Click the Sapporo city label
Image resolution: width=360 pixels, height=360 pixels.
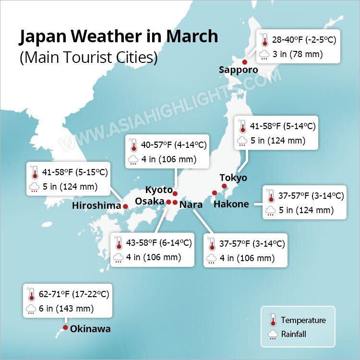click(238, 70)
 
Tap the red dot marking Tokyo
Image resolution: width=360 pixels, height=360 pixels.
click(223, 186)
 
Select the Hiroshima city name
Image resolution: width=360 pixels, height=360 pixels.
click(96, 206)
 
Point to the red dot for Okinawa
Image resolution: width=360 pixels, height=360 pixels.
click(65, 328)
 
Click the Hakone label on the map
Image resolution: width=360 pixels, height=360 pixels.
click(231, 204)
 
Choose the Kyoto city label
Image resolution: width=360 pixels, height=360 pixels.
click(158, 190)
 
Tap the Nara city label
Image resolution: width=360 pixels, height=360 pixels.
click(191, 205)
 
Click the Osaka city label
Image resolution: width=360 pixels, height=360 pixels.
click(149, 201)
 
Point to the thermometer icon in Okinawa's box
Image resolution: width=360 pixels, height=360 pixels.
click(32, 294)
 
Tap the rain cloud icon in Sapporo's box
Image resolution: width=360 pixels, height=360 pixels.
click(264, 55)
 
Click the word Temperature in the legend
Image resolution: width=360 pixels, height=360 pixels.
click(303, 320)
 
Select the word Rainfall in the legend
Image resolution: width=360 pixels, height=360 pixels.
click(294, 334)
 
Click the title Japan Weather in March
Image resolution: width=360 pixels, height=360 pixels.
click(118, 36)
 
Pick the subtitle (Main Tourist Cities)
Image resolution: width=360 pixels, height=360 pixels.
click(88, 58)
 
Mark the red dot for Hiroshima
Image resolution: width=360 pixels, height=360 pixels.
click(126, 206)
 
